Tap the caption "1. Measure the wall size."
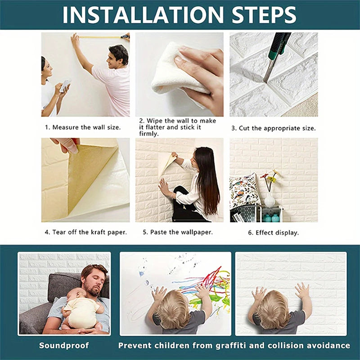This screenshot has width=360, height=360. pos(83,127)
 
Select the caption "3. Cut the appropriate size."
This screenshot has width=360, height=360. pos(274,128)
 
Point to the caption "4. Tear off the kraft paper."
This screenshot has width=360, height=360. pos(85,232)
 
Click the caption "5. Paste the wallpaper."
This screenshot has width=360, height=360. pos(178,232)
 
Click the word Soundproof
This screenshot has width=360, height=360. pos(64,346)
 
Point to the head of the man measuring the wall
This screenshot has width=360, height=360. pos(118,55)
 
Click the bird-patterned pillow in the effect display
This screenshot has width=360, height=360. pos(244,191)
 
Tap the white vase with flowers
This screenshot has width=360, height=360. pos(269,199)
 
